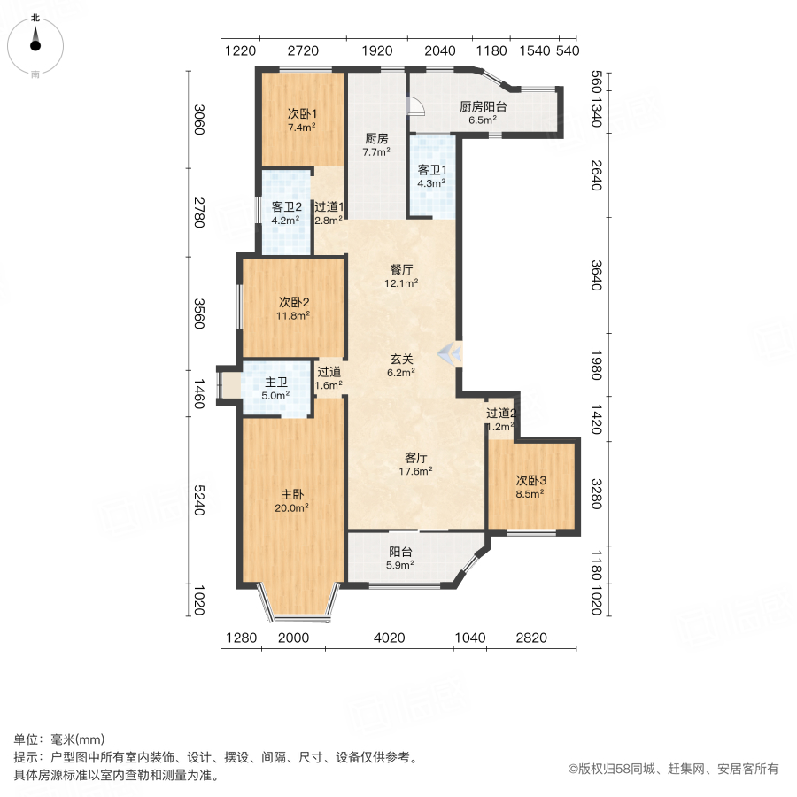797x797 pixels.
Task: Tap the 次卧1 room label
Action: (302, 120)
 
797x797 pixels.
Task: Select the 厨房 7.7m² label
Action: (376, 144)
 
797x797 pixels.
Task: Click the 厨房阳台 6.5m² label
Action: (483, 112)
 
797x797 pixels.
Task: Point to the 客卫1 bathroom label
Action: (432, 176)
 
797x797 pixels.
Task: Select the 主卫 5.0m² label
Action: (276, 389)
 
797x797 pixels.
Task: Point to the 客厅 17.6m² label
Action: (416, 464)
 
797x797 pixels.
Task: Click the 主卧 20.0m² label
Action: (295, 500)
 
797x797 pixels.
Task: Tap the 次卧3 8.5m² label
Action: (530, 487)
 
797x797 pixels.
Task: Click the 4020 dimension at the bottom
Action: (389, 638)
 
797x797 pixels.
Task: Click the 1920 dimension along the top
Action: (376, 50)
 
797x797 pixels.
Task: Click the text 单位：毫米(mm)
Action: (59, 739)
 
